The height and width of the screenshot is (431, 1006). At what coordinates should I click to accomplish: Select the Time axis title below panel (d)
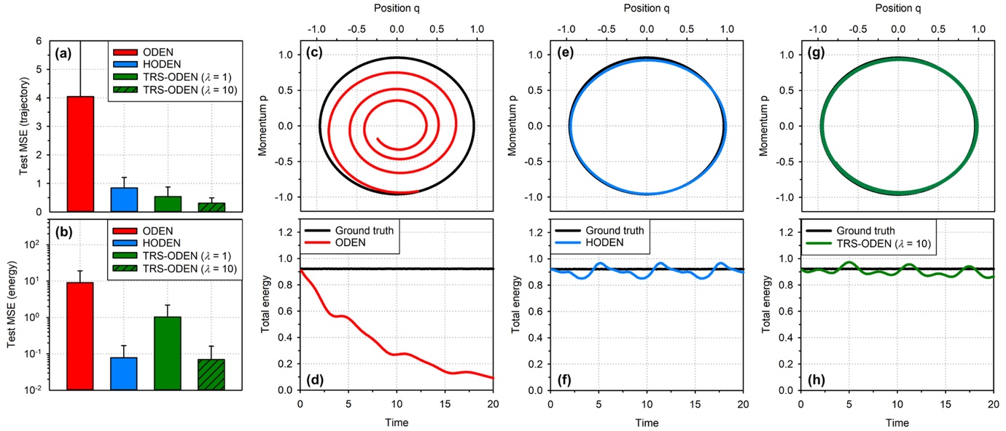(x=397, y=422)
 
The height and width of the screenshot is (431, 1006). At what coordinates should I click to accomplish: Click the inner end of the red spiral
(x=378, y=138)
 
